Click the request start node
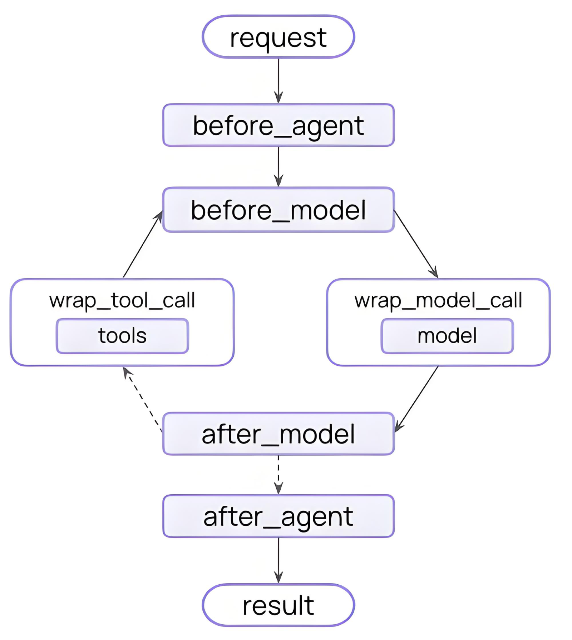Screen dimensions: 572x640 tap(278, 37)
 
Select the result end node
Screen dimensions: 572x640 tap(278, 605)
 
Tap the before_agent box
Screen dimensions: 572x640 tap(278, 125)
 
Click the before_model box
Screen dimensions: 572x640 tap(278, 210)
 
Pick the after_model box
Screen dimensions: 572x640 tap(278, 434)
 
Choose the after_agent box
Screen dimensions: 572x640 tap(278, 516)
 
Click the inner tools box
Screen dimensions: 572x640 tap(122, 336)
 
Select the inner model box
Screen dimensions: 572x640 tap(447, 336)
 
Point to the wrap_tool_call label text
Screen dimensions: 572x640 tap(122, 300)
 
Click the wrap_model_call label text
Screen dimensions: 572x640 tap(438, 300)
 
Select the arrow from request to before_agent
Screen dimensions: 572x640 tap(278, 81)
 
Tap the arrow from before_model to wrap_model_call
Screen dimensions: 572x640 tap(416, 244)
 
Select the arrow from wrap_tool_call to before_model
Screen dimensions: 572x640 tap(143, 244)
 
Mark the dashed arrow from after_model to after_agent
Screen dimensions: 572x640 tap(278, 475)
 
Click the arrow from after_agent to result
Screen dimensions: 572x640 tap(278, 560)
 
